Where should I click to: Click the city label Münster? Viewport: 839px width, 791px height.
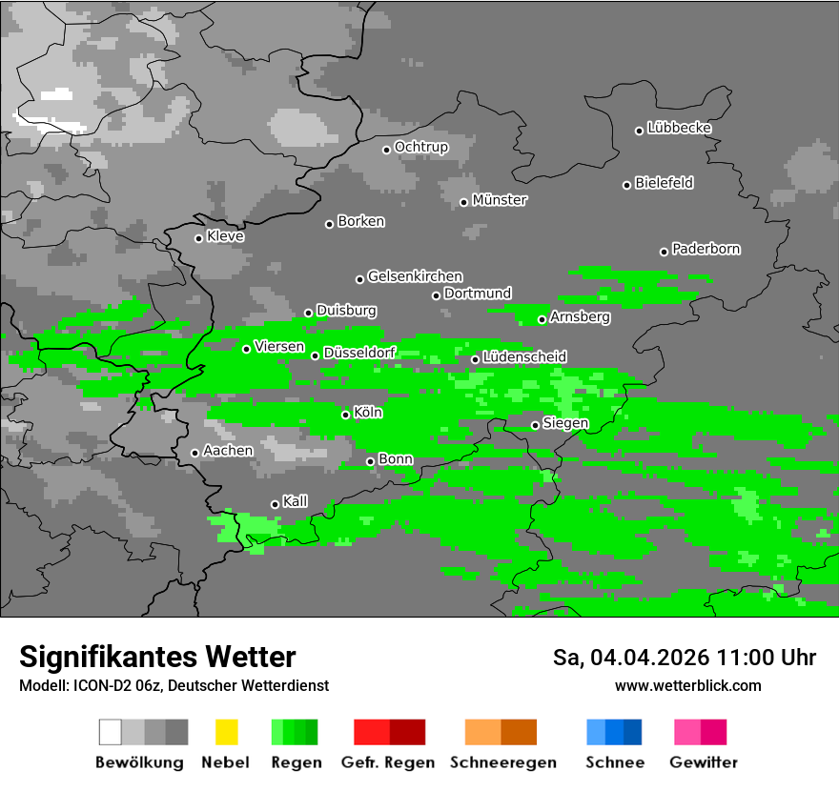500,200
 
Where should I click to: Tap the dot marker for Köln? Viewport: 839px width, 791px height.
346,415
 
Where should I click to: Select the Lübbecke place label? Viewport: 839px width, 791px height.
679,128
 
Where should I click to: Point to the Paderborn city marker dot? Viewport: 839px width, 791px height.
665,252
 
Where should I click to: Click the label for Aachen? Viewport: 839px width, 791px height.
228,451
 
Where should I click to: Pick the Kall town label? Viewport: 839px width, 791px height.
296,501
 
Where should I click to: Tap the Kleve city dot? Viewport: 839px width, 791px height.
198,238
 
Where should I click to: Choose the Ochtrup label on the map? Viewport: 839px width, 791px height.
420,147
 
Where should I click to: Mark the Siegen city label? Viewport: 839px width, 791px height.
565,423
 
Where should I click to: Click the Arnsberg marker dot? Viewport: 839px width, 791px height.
542,319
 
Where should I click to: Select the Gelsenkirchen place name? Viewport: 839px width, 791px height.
415,276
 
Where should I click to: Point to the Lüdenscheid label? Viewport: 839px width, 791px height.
524,356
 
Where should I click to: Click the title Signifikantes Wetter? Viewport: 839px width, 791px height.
157,657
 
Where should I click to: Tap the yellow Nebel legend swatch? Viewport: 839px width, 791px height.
226,732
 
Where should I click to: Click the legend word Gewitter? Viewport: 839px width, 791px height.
704,762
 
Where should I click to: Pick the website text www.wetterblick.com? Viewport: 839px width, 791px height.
687,685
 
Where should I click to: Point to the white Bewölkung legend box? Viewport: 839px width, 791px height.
111,732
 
